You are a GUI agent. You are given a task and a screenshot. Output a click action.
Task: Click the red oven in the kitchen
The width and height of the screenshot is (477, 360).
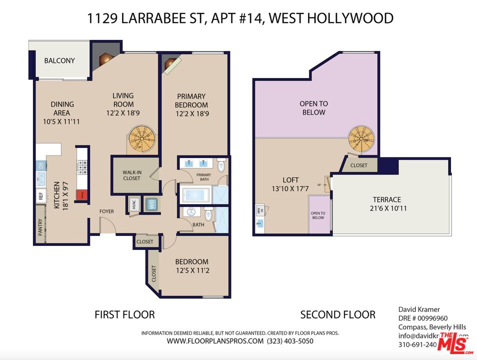tap(79, 195)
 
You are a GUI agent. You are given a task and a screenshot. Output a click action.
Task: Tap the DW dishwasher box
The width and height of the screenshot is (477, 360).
tap(40, 165)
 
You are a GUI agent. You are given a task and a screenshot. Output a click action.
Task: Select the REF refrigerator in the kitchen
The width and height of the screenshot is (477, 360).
tap(40, 196)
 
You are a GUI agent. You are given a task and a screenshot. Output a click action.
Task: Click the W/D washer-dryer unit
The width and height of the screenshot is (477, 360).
tap(150, 204)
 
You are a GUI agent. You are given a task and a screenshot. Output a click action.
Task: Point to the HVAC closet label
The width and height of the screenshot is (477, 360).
tap(133, 204)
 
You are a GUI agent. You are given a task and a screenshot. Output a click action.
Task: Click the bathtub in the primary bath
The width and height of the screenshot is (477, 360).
tap(196, 194)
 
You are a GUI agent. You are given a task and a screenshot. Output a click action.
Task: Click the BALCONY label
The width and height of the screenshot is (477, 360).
tap(59, 60)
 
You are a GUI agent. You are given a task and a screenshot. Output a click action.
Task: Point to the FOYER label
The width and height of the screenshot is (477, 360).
tap(106, 211)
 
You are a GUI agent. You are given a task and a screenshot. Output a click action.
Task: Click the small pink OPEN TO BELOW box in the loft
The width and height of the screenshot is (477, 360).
tap(318, 215)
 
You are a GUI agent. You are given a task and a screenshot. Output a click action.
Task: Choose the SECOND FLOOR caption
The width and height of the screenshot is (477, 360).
tap(337, 314)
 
